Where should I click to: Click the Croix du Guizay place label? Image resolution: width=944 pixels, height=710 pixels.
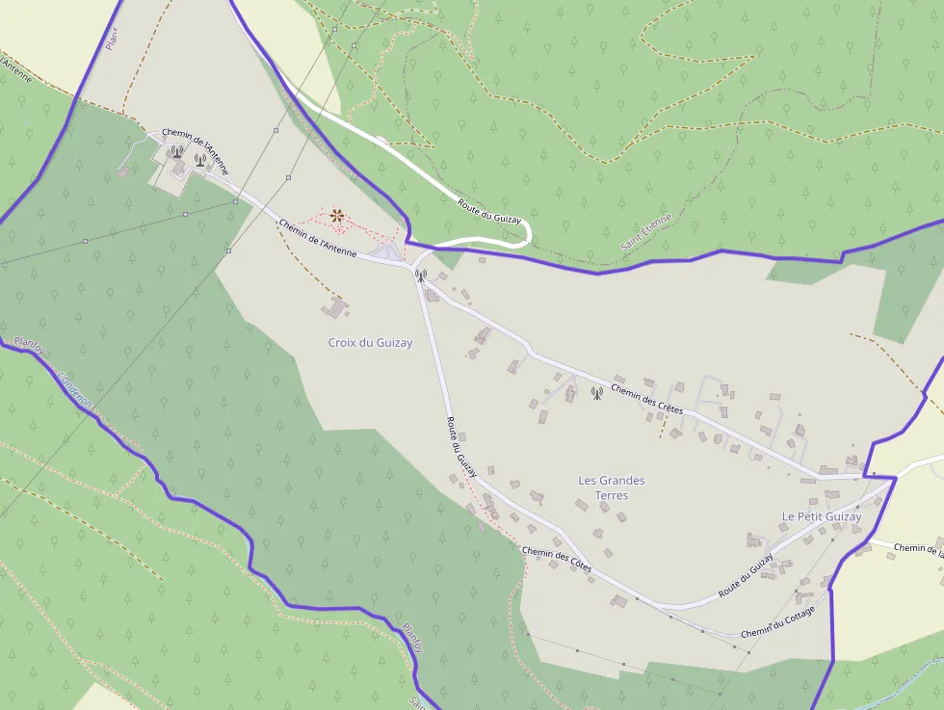coord(370,343)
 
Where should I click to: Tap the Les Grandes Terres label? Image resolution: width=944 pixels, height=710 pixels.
coord(612,487)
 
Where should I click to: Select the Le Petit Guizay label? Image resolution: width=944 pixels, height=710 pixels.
coord(822,516)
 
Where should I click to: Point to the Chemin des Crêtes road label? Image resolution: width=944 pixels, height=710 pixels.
coord(647,397)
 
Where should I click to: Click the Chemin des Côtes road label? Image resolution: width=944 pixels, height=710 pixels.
coord(556,560)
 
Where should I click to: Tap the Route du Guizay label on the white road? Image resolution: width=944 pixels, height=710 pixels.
coord(489,209)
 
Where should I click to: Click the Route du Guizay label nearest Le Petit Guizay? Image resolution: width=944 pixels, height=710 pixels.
coord(746,577)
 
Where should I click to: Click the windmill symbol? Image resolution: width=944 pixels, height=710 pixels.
coord(337,217)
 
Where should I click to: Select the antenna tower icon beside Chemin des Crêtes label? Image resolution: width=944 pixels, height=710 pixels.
coord(595,393)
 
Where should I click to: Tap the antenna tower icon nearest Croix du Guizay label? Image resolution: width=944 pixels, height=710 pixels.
coord(420,276)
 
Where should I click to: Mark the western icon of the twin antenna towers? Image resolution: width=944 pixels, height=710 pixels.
coord(176,151)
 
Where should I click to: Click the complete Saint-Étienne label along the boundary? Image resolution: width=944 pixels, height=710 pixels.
coord(646,234)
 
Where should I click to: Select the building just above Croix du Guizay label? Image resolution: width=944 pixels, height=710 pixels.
coord(336,308)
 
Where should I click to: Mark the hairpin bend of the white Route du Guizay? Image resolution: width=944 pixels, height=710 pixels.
coord(525,232)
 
